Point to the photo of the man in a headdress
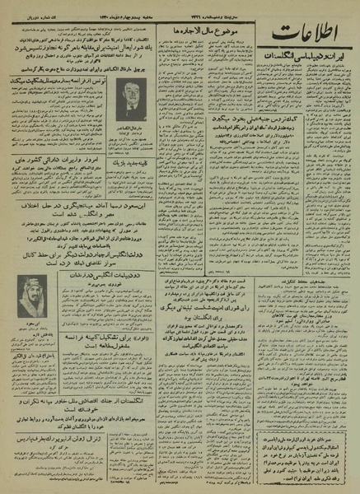(32, 291)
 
